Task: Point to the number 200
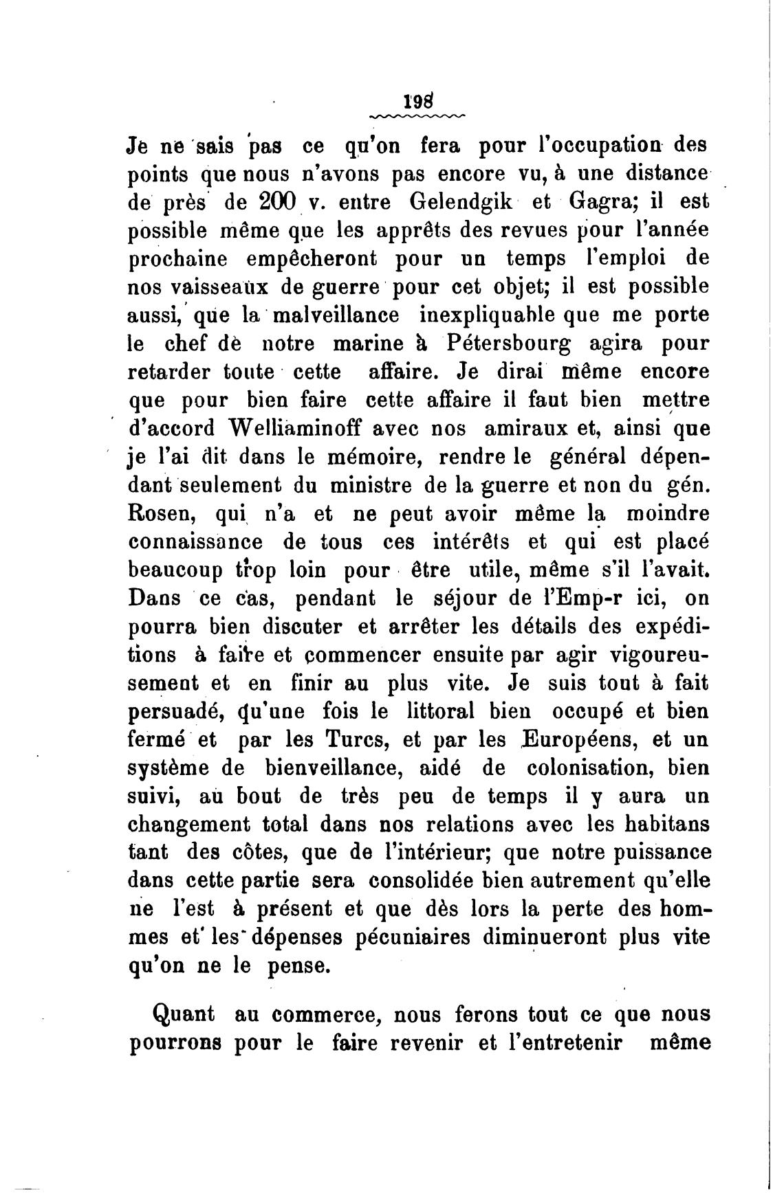pyautogui.click(x=277, y=203)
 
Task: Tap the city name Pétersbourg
pyautogui.click(x=523, y=344)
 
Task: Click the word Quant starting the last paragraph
pyautogui.click(x=182, y=1014)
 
